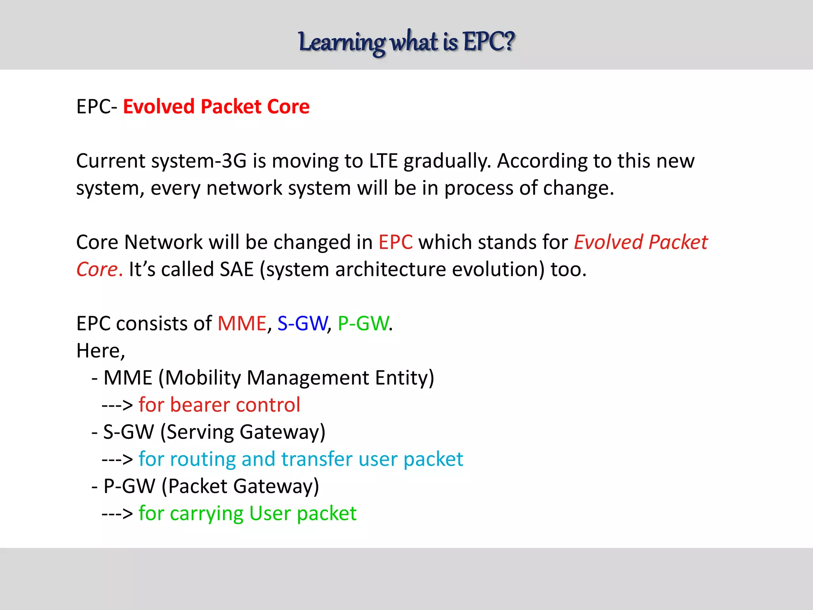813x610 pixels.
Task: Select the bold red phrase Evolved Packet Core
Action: [216, 106]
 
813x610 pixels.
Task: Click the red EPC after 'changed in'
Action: [395, 242]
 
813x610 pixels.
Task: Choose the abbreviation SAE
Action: [237, 269]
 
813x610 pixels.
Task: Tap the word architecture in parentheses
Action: [391, 269]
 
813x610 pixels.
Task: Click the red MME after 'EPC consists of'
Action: [242, 323]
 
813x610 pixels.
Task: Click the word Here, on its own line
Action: [100, 351]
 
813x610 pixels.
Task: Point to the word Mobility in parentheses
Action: [202, 378]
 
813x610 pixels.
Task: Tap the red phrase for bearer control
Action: [219, 405]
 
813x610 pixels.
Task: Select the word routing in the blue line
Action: [202, 459]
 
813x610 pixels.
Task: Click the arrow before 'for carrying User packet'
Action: [117, 513]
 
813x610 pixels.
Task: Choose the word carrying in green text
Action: [206, 513]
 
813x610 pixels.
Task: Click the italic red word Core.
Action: [97, 269]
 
